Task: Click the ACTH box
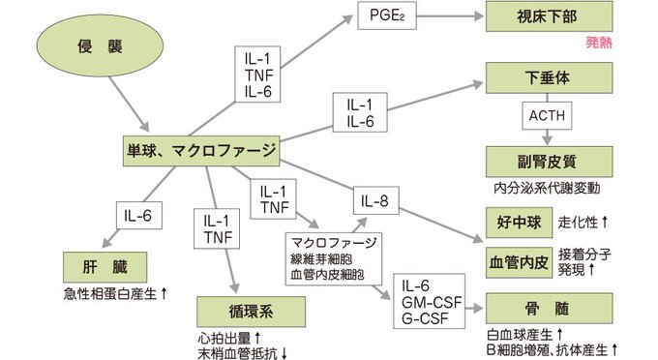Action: (547, 116)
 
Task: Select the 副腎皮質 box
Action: (548, 159)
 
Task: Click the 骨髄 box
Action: (548, 309)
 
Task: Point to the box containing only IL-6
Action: (135, 215)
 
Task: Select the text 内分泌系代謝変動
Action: (547, 186)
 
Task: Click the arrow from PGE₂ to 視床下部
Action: (446, 16)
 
